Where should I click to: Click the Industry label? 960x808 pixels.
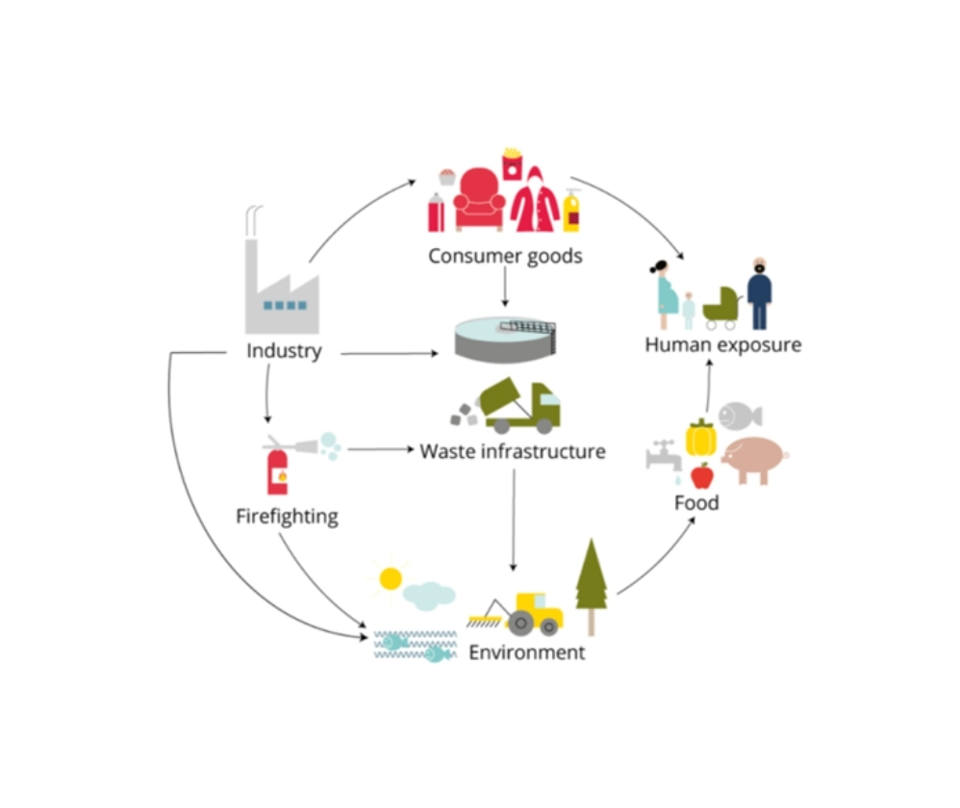click(284, 351)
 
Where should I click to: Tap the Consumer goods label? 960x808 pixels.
click(505, 256)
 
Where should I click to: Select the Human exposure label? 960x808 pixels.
click(723, 345)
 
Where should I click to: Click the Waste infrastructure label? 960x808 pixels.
click(513, 451)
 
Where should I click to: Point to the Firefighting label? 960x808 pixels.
click(287, 517)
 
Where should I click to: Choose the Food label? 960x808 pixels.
click(696, 503)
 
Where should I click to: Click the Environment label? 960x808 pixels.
click(527, 652)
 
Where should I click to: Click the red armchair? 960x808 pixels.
click(479, 199)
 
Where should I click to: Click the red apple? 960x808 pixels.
click(702, 476)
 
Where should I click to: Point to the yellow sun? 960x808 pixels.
click(391, 578)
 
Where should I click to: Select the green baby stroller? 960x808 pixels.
click(721, 307)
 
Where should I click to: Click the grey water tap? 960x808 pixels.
click(664, 455)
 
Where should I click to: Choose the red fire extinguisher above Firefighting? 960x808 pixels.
click(277, 472)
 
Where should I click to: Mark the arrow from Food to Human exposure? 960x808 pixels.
click(708, 386)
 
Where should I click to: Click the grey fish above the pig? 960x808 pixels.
click(740, 417)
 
